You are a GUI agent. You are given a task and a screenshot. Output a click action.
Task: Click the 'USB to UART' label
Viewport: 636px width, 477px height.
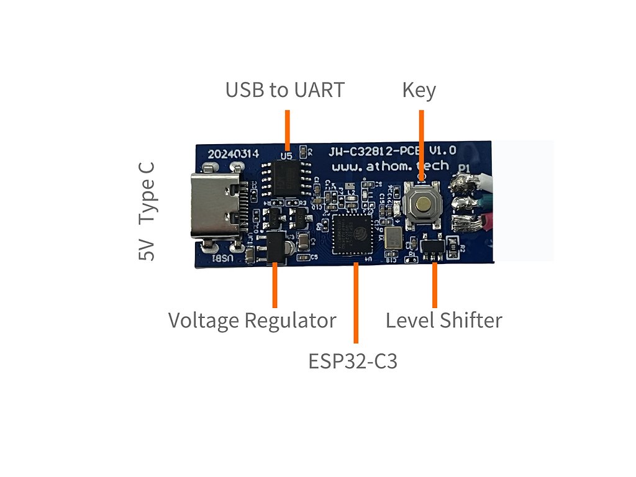click(284, 90)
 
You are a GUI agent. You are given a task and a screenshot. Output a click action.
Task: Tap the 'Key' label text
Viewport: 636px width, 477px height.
click(419, 90)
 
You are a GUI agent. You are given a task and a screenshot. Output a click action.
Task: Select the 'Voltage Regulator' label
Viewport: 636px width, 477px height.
click(252, 320)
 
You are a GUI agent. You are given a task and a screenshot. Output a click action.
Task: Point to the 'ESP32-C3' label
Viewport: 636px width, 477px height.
click(352, 361)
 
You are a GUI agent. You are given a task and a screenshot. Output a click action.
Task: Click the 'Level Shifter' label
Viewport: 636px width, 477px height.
click(443, 320)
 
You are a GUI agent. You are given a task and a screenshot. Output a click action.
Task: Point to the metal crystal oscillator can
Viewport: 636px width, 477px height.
click(393, 238)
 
